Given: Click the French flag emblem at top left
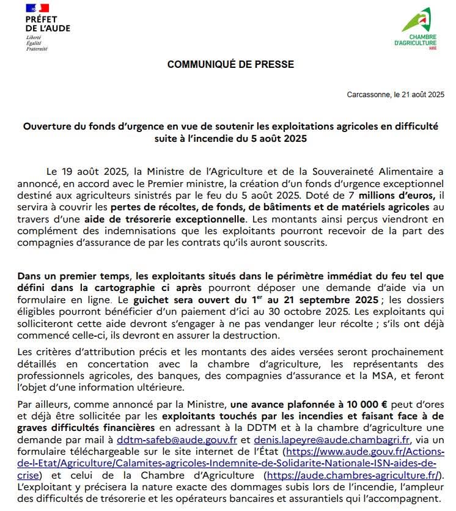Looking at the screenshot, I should click(37, 8).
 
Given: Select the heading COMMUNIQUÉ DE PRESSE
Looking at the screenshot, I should click(230, 64).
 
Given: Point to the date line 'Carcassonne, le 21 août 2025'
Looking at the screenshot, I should click(395, 95).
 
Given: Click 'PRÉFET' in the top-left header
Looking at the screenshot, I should click(41, 19).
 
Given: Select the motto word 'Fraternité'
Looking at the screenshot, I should click(36, 48).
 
